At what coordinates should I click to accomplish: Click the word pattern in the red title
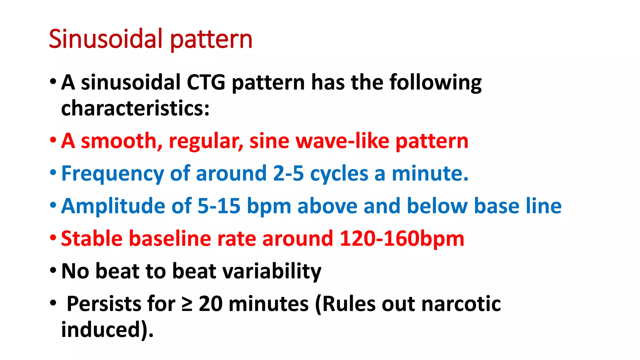211,40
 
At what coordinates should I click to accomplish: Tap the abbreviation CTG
206,82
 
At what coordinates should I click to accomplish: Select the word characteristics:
135,108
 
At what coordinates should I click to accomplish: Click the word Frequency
112,174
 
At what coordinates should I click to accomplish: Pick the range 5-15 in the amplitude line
219,206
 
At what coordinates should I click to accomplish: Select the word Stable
92,238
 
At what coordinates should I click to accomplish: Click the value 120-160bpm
402,239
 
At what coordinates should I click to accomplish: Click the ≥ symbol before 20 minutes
187,304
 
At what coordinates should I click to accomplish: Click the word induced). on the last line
107,330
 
